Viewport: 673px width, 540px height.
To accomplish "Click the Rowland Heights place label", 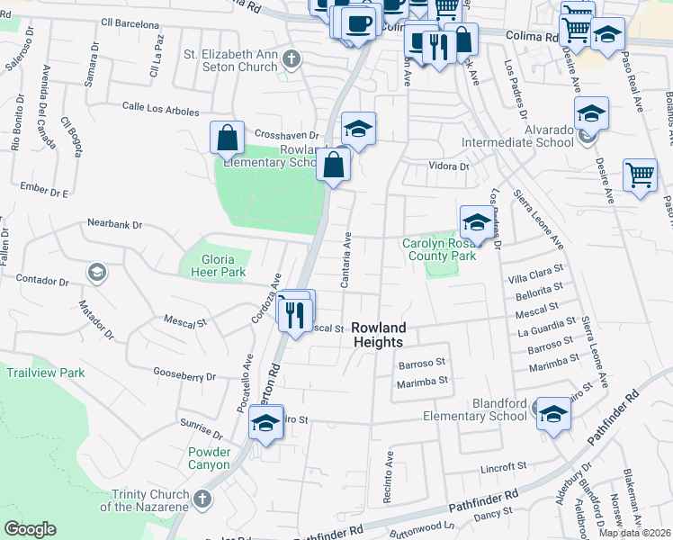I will point(378,335).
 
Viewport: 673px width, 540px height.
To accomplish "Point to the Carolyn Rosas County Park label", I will point(438,249).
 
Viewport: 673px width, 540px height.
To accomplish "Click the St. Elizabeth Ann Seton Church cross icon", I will point(291,60).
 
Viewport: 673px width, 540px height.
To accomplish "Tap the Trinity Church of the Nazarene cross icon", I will point(202,498).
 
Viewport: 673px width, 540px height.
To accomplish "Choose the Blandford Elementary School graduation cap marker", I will point(554,415).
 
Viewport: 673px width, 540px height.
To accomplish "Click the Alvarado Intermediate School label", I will point(517,135).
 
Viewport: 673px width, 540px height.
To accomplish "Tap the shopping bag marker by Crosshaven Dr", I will point(227,138).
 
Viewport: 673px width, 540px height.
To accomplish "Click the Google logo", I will point(30,529).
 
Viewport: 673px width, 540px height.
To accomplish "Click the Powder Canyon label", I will point(210,458).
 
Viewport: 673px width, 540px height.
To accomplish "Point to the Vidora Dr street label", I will point(450,166).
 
